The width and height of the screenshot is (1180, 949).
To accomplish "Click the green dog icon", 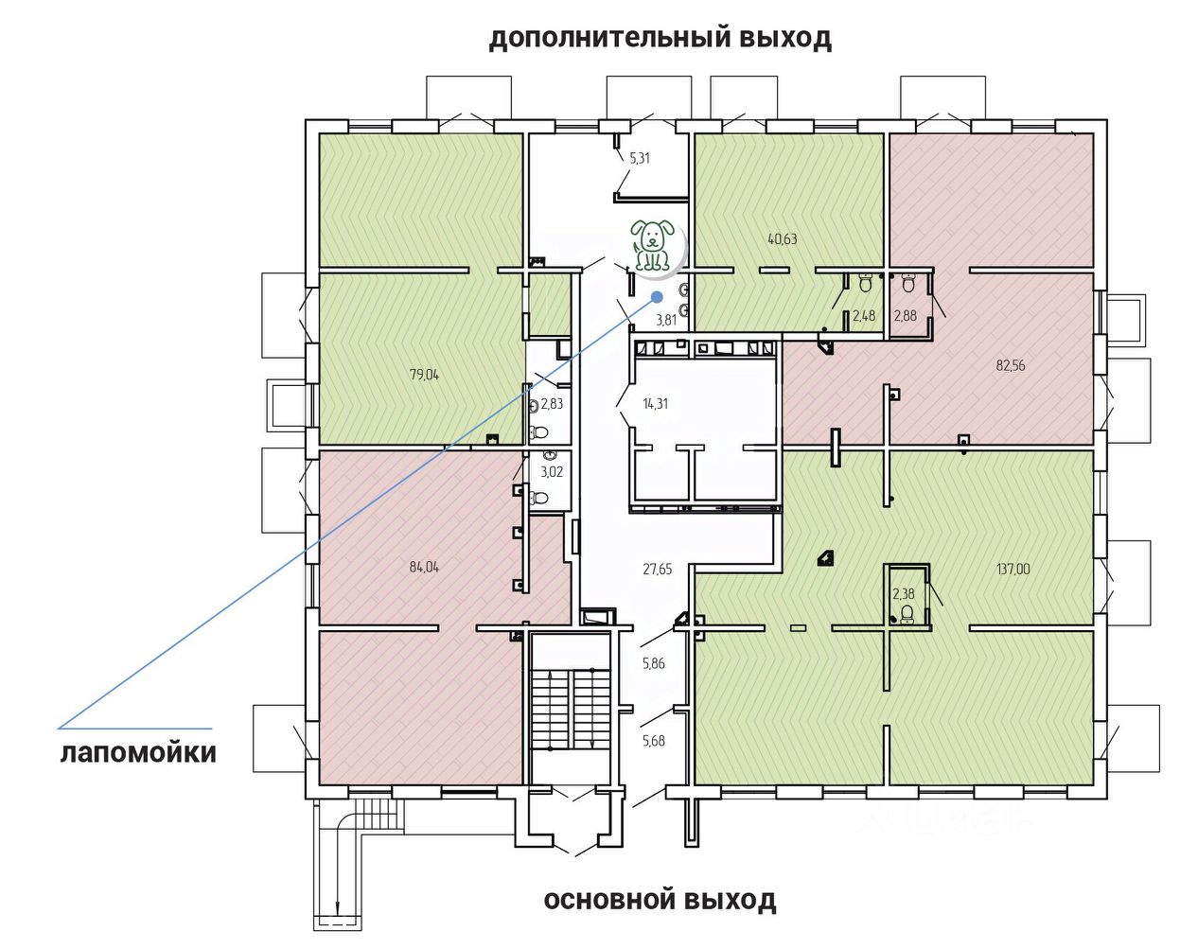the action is click(x=652, y=246).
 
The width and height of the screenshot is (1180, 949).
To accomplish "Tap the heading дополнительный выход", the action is click(x=660, y=39).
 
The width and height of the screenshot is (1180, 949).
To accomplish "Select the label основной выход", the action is click(x=660, y=900).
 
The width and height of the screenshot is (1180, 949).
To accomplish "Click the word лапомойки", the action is click(x=138, y=753).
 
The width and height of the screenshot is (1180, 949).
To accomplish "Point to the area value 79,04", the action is click(x=424, y=375).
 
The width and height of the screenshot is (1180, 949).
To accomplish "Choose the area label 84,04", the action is click(x=424, y=568).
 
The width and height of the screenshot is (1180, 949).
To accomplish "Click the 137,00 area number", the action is click(x=1013, y=570).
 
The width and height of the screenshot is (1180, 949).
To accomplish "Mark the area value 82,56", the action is click(x=1011, y=365).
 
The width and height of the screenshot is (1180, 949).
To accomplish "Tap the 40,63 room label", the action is click(x=782, y=239).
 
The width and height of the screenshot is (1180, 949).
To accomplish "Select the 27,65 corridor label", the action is click(x=658, y=570).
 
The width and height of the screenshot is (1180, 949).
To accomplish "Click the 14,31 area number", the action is click(x=655, y=404).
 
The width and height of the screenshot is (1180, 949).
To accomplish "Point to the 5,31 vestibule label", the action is click(x=640, y=159).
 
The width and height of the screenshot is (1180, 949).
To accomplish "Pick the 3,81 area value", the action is click(x=667, y=320).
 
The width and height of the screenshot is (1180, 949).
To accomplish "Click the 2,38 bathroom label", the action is click(x=904, y=594).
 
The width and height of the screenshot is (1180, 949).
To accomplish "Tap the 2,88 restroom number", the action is click(x=906, y=316).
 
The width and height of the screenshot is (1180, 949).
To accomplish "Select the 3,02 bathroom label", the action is click(x=552, y=471).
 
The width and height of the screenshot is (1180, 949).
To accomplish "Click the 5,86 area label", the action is click(x=654, y=664).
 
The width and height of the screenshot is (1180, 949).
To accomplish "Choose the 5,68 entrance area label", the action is click(x=654, y=741).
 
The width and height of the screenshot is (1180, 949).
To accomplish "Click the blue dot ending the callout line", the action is click(x=657, y=296).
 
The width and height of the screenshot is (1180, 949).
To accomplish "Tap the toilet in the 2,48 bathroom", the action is click(x=865, y=282).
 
